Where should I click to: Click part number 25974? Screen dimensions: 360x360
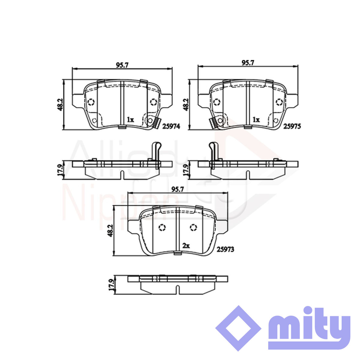(171, 127)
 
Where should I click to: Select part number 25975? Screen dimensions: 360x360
(292, 127)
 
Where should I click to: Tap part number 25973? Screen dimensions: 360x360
(225, 249)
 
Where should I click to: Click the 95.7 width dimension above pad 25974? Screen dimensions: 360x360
(122, 65)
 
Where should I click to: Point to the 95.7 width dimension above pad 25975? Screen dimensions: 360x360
(248, 63)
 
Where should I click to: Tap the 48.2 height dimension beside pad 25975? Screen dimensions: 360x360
(186, 105)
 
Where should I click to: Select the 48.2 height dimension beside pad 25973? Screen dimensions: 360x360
(110, 231)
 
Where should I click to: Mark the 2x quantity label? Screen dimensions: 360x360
(186, 246)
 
